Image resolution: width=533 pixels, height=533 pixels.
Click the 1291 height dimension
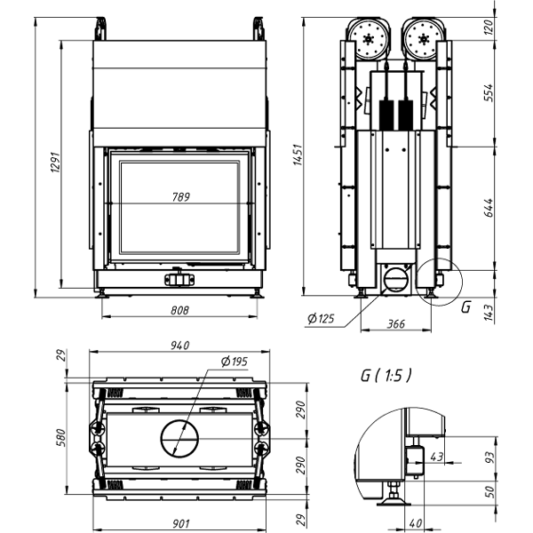coord(52,163)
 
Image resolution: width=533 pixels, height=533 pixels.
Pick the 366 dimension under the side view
coord(395,324)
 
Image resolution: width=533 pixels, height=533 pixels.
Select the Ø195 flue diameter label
coord(234,362)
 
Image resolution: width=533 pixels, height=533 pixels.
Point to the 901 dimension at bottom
coord(180,521)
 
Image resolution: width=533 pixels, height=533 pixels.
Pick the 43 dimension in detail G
coord(435,456)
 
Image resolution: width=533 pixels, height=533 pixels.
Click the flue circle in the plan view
coord(180,438)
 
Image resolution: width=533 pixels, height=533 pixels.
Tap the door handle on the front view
coord(179,279)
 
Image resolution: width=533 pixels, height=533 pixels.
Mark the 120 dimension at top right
coord(488,27)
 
